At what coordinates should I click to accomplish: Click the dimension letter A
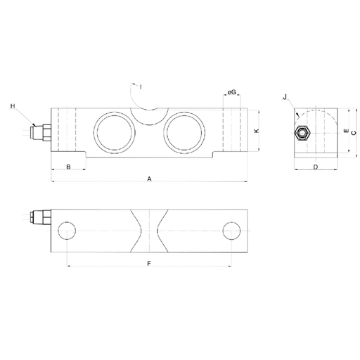[149, 179]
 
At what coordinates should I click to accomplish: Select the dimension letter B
[68, 167]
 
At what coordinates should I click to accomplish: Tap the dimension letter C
[354, 133]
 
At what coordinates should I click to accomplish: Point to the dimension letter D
[316, 167]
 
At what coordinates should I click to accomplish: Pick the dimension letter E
[346, 131]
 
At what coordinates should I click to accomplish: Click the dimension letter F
[149, 264]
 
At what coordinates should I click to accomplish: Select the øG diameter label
[231, 92]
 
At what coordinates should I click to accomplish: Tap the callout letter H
[13, 106]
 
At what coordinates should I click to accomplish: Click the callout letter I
[141, 87]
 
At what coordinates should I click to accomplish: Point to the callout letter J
[285, 97]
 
